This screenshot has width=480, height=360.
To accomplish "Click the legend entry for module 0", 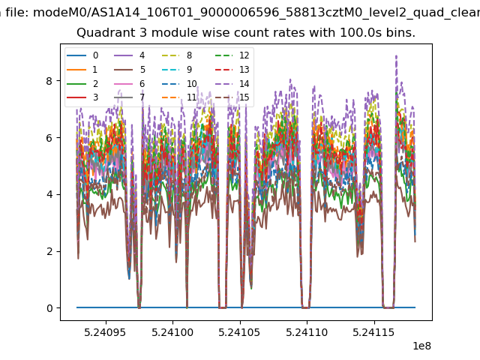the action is pyautogui.click(x=82, y=55).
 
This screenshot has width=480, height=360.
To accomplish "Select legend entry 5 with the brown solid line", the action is pyautogui.click(x=130, y=70).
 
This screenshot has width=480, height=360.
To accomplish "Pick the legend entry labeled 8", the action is pyautogui.click(x=177, y=55).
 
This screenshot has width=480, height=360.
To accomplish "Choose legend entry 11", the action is pyautogui.click(x=178, y=97).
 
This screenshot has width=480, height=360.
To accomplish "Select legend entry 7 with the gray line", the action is pyautogui.click(x=130, y=97).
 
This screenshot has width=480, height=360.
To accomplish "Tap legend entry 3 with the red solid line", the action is pyautogui.click(x=82, y=97).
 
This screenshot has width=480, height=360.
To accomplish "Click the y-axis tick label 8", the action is pyautogui.click(x=49, y=81).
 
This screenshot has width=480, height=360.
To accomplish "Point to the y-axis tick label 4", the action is pyautogui.click(x=49, y=194).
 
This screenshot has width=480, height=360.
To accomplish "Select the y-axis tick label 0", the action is pyautogui.click(x=49, y=308).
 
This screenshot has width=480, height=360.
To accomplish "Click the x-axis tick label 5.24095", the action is pyautogui.click(x=105, y=332).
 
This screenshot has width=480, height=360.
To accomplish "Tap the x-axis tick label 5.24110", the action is pyautogui.click(x=307, y=332).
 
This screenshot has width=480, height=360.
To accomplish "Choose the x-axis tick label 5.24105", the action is pyautogui.click(x=239, y=332).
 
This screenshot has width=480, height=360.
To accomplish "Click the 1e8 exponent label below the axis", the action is pyautogui.click(x=421, y=346).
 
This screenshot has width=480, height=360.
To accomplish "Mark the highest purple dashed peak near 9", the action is pyautogui.click(x=397, y=56).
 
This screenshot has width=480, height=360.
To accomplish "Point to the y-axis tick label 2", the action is pyautogui.click(x=49, y=251).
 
